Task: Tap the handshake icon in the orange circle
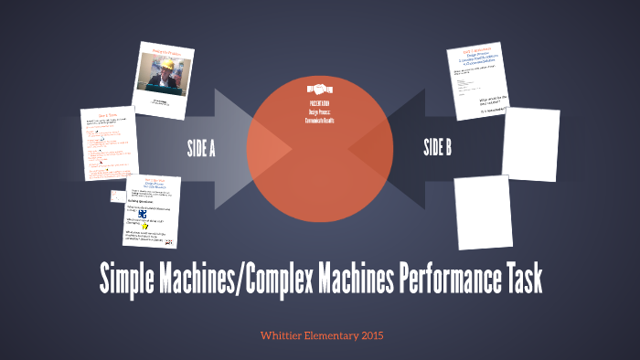319,91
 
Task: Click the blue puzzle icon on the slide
138,216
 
